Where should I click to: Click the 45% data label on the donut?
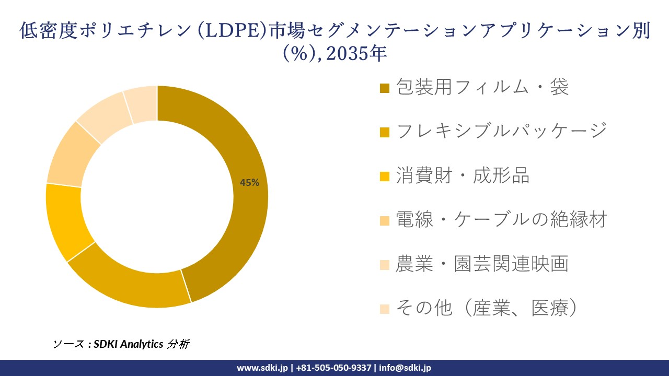[x=249, y=182]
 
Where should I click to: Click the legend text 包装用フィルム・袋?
[x=482, y=87]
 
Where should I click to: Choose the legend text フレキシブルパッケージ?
[x=501, y=131]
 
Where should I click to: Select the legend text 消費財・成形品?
[x=463, y=175]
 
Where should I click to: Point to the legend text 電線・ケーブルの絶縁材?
[x=501, y=219]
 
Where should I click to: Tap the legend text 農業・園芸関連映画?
[x=482, y=264]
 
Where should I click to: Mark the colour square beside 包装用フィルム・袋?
[x=385, y=88]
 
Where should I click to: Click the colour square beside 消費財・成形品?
[x=385, y=176]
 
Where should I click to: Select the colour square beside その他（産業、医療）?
[x=385, y=309]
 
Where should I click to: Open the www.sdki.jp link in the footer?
[x=262, y=368]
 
